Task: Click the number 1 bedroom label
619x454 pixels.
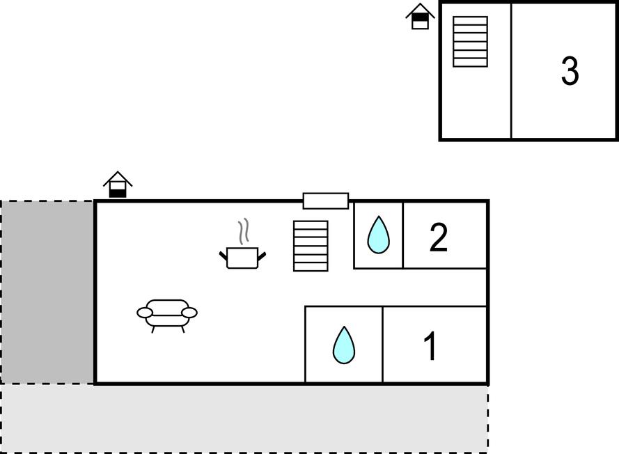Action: [430, 346]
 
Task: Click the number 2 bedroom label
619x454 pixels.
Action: [438, 237]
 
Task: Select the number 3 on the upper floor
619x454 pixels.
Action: [570, 71]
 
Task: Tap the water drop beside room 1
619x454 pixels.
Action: [344, 345]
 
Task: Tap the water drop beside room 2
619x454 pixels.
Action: [378, 235]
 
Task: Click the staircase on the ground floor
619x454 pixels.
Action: [311, 246]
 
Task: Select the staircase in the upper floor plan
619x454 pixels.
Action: [470, 42]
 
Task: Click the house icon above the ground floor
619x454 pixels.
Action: [118, 185]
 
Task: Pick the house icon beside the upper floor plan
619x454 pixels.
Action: [420, 16]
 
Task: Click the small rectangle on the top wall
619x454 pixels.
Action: [326, 201]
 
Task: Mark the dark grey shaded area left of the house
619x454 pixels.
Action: [47, 292]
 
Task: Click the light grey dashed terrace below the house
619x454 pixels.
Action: [244, 418]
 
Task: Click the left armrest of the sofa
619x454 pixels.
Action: [145, 313]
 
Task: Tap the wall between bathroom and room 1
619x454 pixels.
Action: [382, 345]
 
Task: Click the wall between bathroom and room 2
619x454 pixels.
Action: [402, 235]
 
